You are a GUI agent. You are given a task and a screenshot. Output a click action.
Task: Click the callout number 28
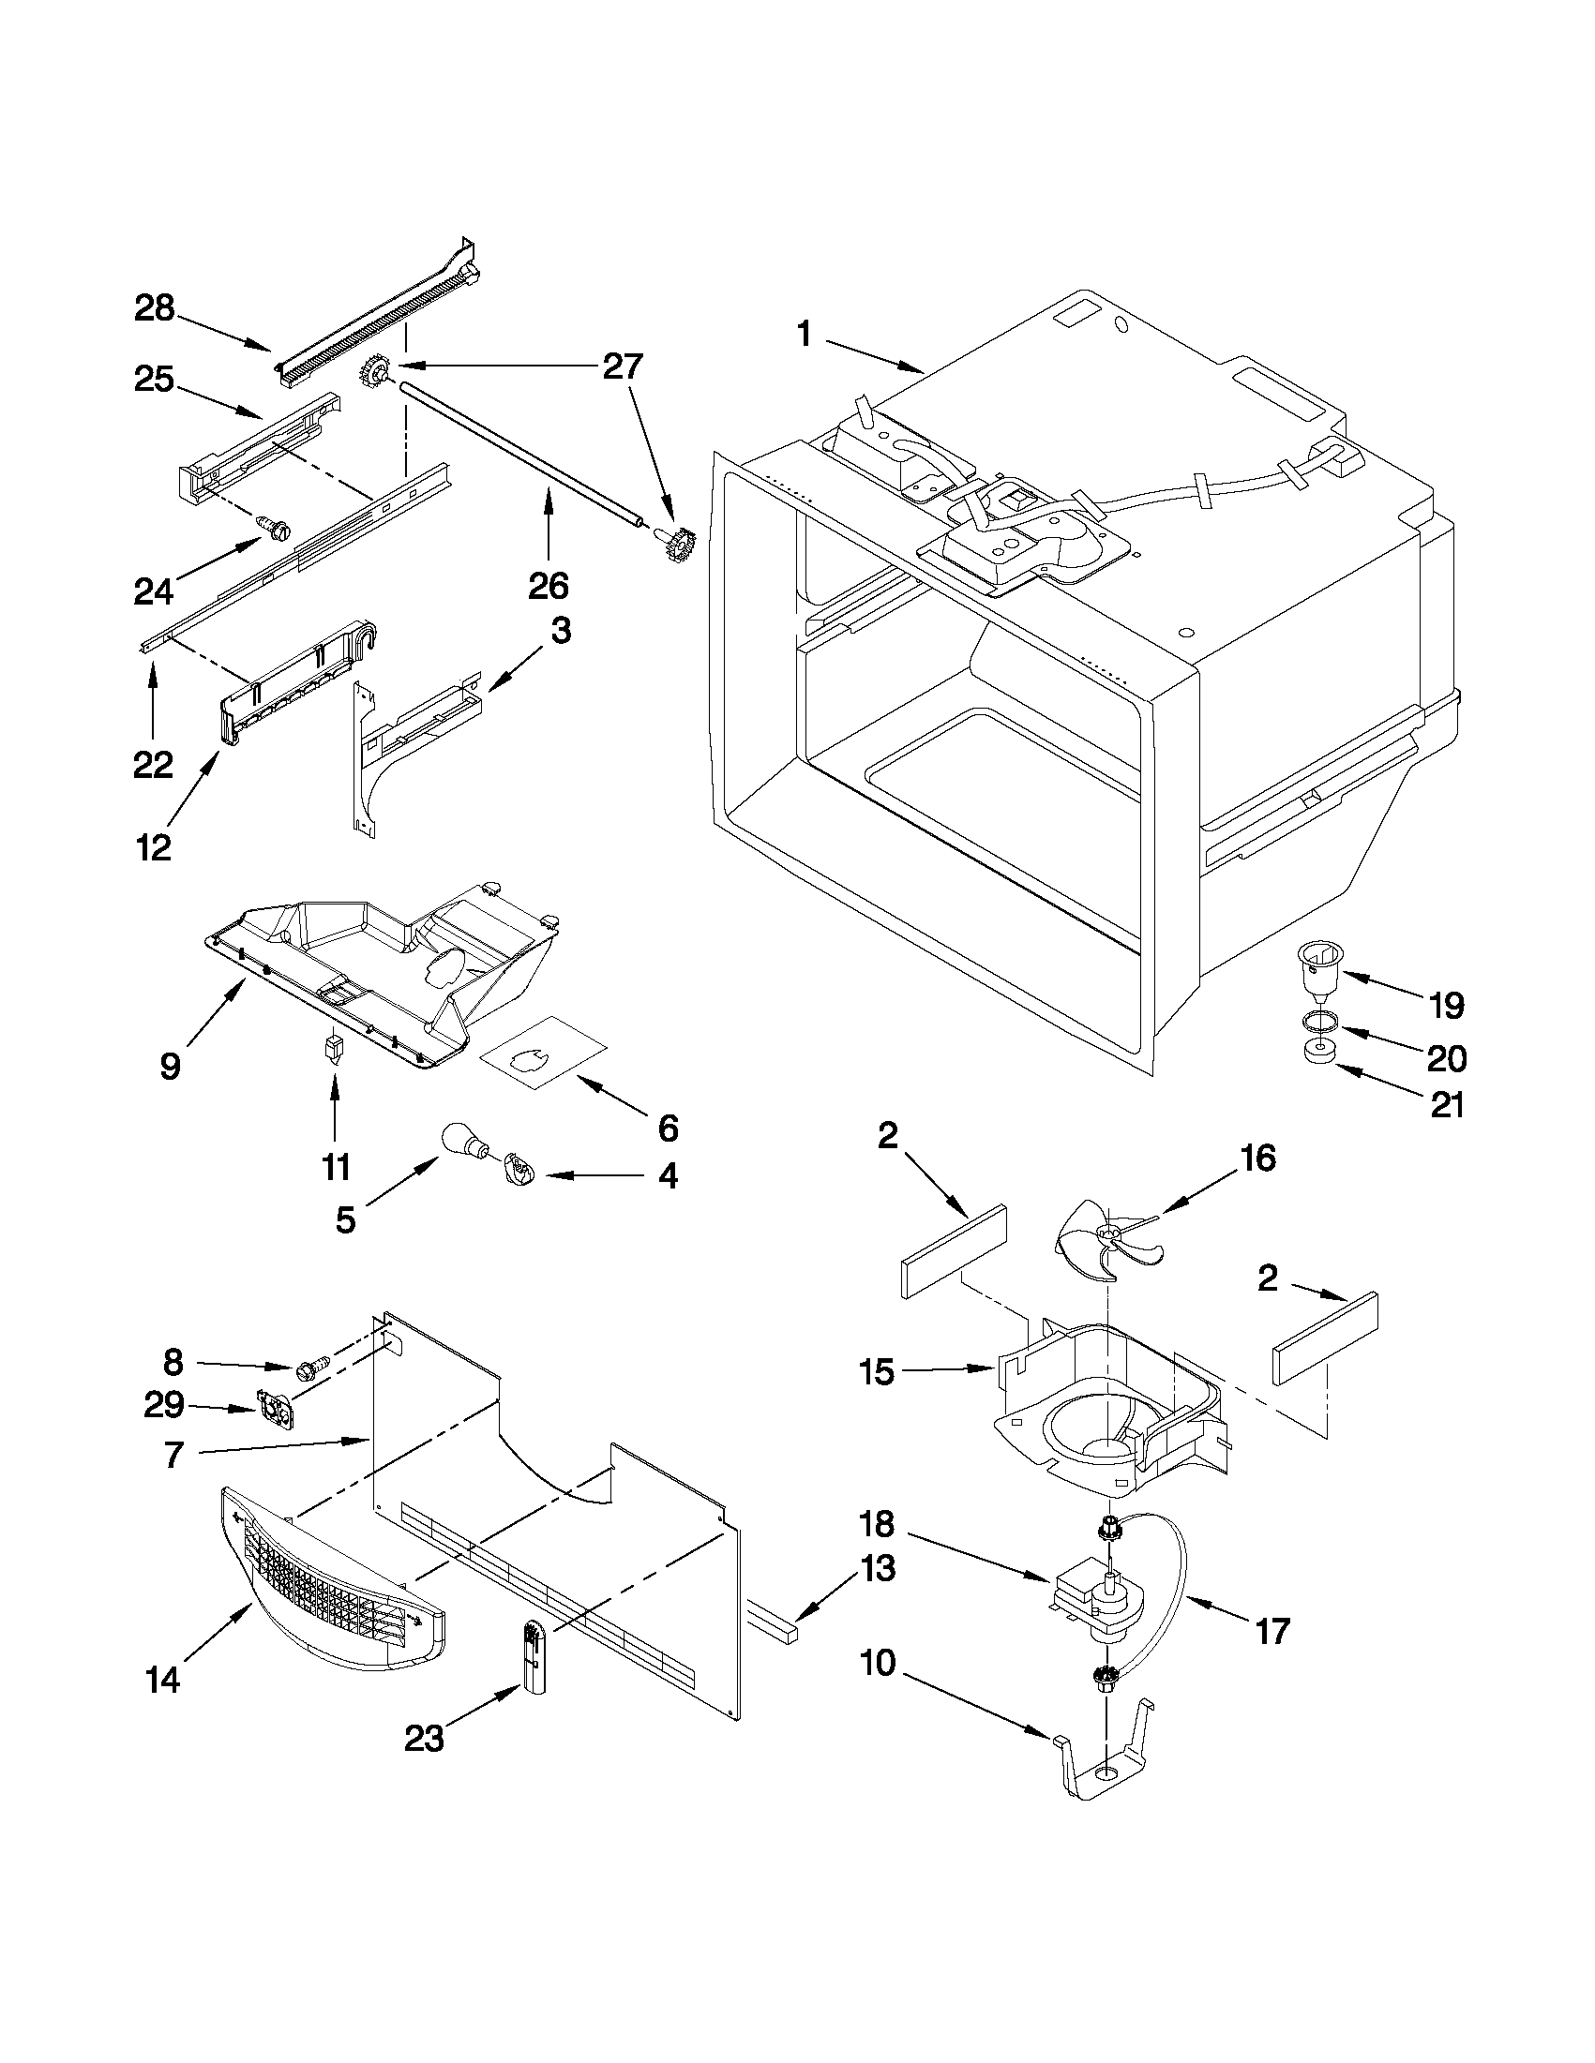[155, 308]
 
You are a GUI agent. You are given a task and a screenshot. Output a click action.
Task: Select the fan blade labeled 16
[1108, 1239]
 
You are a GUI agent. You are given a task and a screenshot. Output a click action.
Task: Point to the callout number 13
[878, 1569]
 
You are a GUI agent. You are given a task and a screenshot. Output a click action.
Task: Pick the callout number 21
[1447, 1104]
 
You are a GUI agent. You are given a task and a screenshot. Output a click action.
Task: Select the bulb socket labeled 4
[519, 1172]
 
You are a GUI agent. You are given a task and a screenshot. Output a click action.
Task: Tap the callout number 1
[805, 334]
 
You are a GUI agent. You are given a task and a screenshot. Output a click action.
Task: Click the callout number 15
[877, 1371]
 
